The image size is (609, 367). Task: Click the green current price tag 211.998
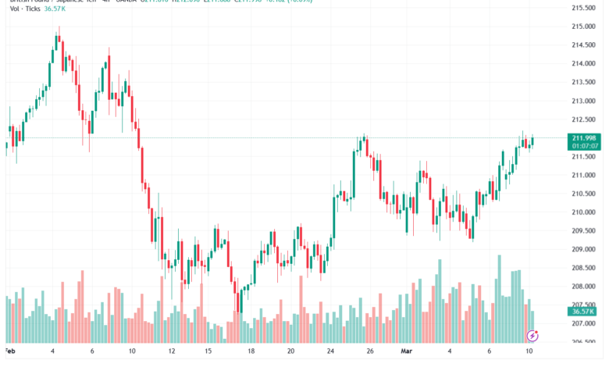582,137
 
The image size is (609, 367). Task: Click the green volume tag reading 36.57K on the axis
582,311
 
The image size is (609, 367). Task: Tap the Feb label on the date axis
10,351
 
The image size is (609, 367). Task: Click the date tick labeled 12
172,351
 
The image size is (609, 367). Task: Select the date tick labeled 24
331,351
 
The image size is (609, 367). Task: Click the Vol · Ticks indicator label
20,9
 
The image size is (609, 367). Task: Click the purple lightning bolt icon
533,336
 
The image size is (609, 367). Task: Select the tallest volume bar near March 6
500,297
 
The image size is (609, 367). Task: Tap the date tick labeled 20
291,351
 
